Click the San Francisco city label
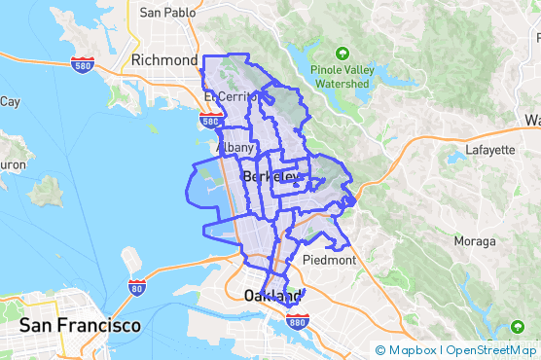[x=80, y=324]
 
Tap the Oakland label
[x=269, y=295]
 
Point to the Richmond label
[x=164, y=60]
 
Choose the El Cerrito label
[x=232, y=97]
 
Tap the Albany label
[x=236, y=148]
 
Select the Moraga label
[x=474, y=240]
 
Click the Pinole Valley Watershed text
[x=341, y=77]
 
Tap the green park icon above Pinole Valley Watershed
[x=342, y=54]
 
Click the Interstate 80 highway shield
[x=137, y=287]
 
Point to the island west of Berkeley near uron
[x=46, y=191]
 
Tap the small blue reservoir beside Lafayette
[x=456, y=157]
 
